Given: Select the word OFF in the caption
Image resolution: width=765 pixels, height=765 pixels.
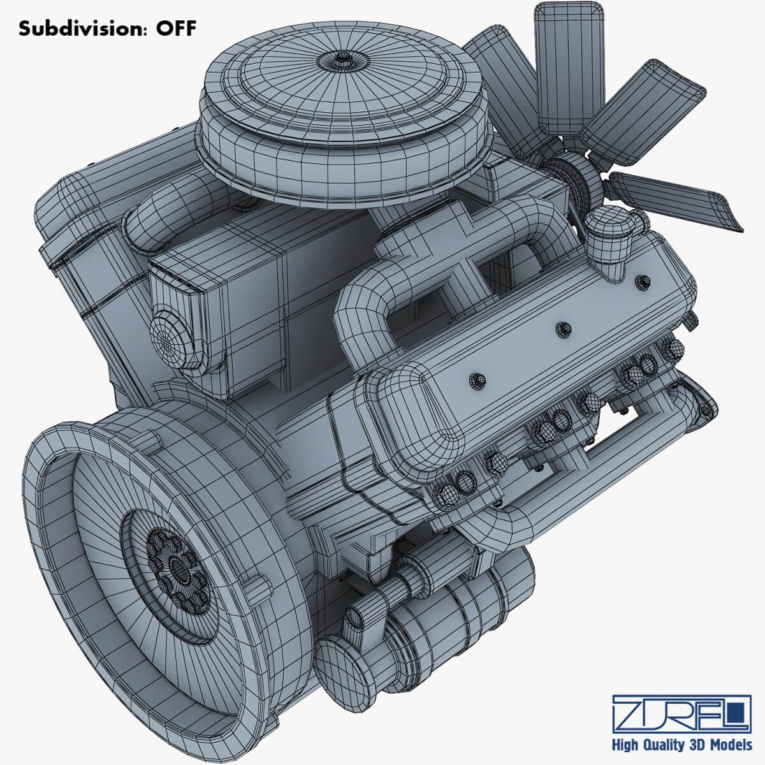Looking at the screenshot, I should pyautogui.click(x=173, y=29).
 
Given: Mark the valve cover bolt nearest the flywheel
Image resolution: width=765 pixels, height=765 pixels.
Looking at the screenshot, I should pyautogui.click(x=477, y=381).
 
